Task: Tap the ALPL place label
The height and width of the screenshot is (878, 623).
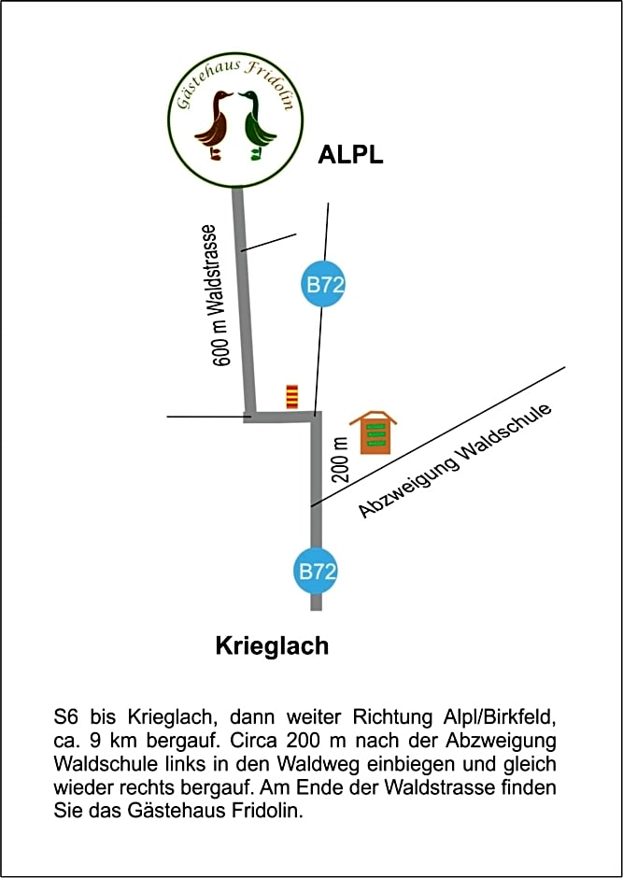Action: [x=350, y=155]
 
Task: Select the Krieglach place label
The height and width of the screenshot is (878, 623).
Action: [x=272, y=645]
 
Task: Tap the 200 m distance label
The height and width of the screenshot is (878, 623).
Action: [x=340, y=457]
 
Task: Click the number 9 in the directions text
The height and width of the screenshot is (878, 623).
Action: [x=89, y=742]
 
